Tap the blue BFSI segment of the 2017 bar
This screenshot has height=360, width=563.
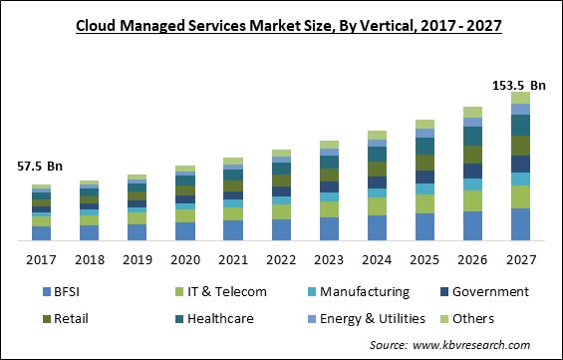point(41,233)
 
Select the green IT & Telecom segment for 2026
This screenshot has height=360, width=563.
point(473,200)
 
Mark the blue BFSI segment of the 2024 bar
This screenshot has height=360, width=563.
point(377,228)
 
